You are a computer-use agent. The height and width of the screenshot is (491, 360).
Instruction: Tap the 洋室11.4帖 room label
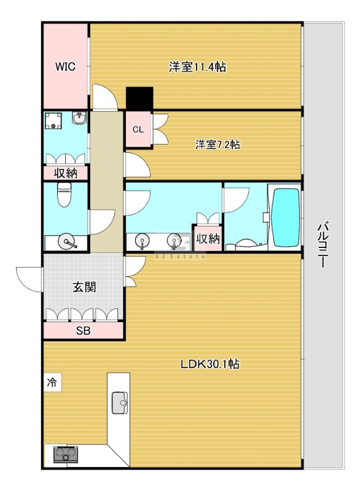197,67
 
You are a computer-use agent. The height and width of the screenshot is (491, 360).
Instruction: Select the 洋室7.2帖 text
217,145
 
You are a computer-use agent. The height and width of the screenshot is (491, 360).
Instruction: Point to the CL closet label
138,130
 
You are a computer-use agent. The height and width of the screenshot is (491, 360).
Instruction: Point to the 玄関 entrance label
84,287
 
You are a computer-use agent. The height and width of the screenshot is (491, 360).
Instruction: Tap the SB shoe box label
83,331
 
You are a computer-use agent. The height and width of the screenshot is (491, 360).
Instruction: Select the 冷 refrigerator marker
52,382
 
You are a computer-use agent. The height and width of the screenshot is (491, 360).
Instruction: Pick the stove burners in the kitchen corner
63,455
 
